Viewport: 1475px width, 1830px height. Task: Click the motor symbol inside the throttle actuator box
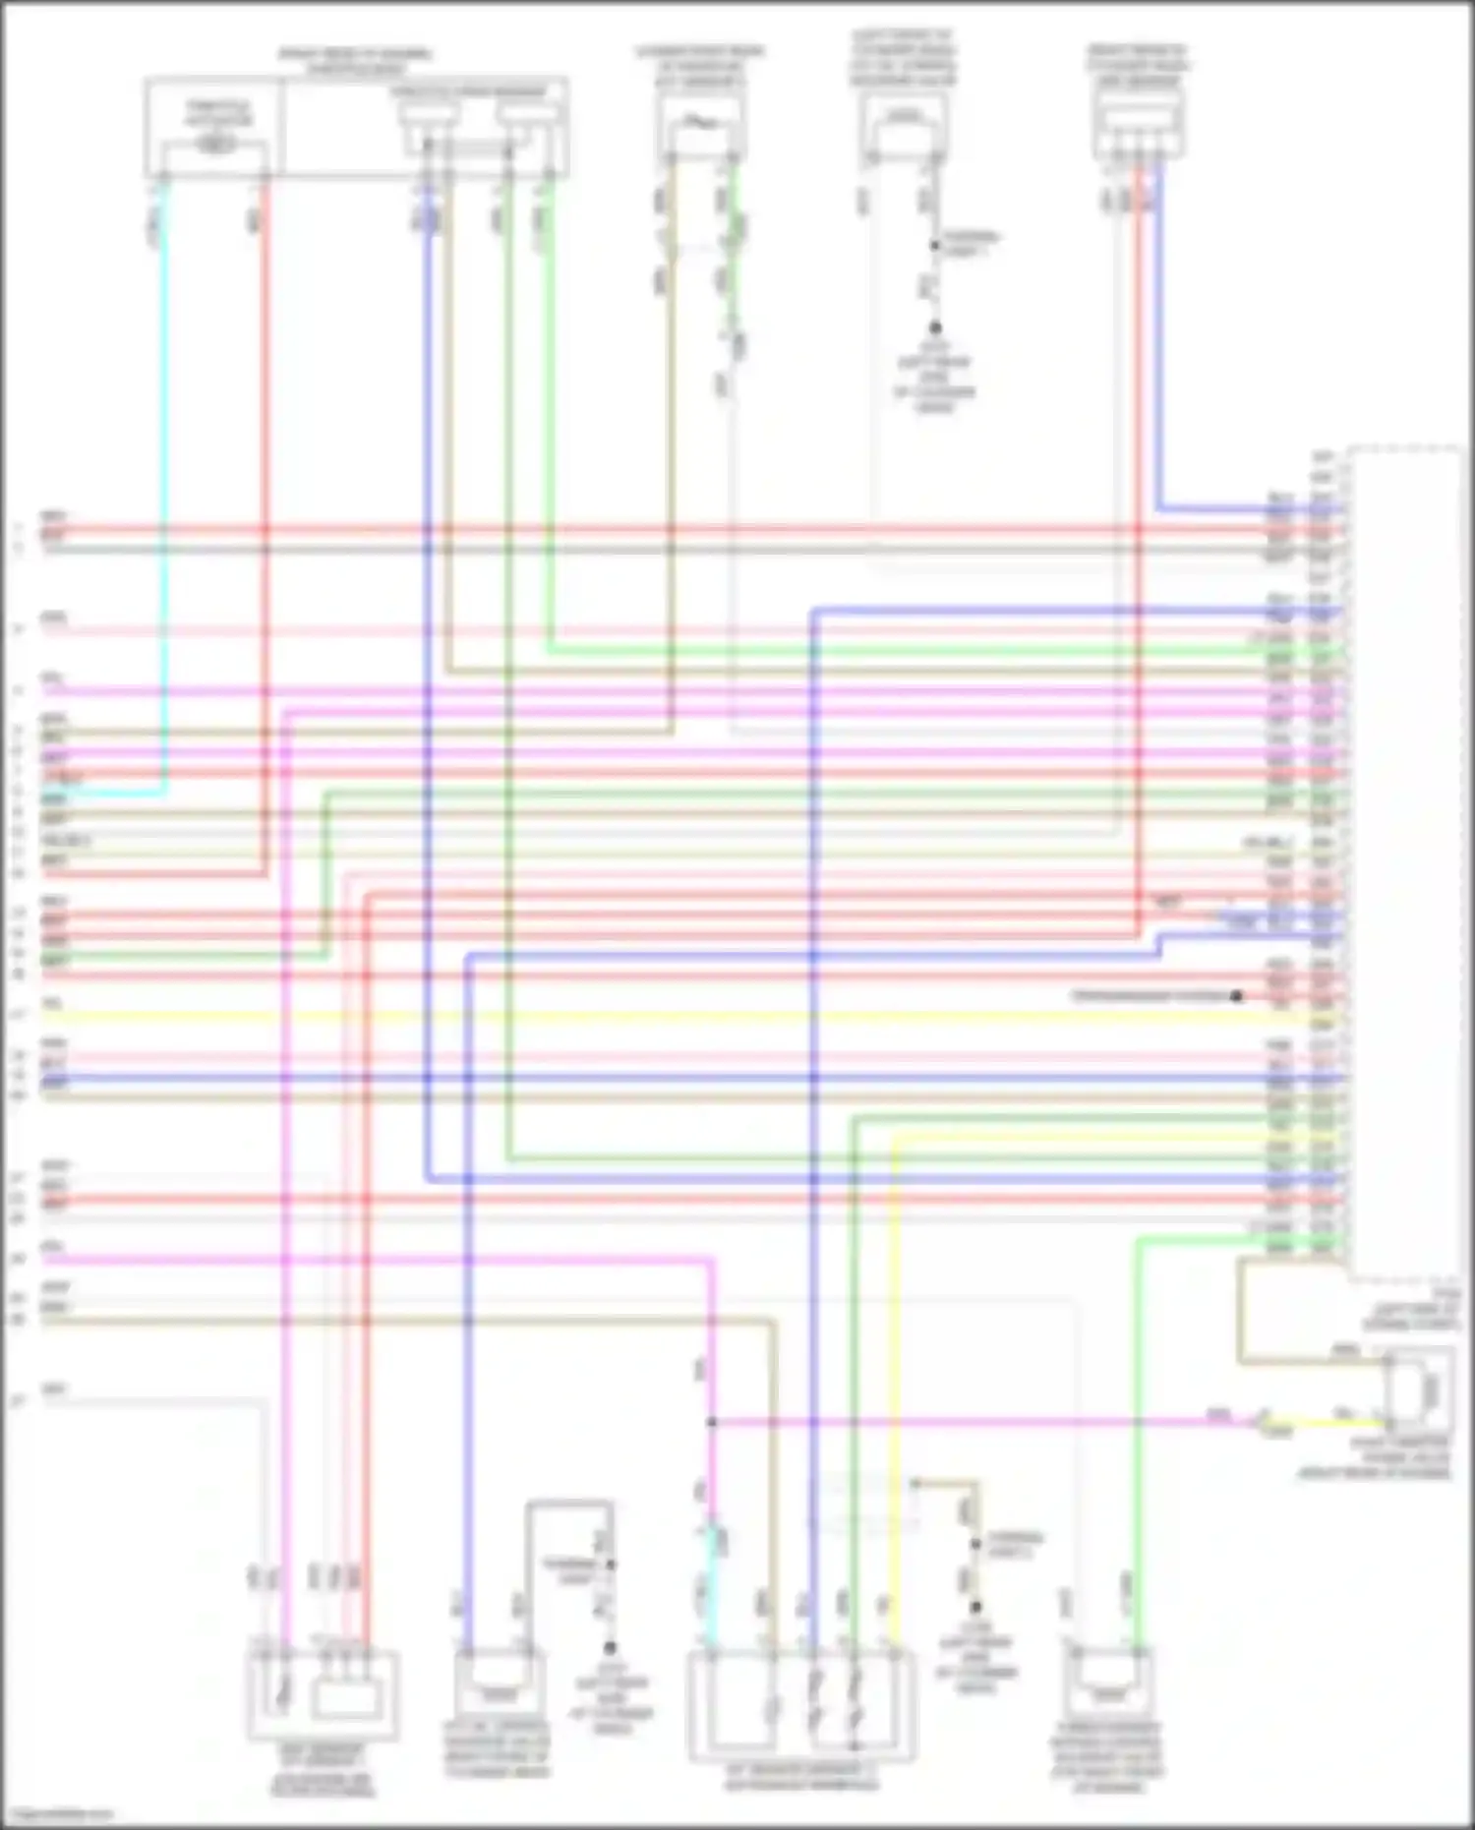215,145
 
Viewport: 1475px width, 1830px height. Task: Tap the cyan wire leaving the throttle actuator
163,492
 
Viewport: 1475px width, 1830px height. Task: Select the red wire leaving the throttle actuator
265,492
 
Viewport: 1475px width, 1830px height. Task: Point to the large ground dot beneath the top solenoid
935,328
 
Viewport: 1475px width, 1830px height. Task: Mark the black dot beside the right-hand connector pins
1236,996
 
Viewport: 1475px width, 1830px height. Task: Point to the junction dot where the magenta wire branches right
711,1422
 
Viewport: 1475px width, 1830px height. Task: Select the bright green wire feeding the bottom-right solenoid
1137,1426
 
